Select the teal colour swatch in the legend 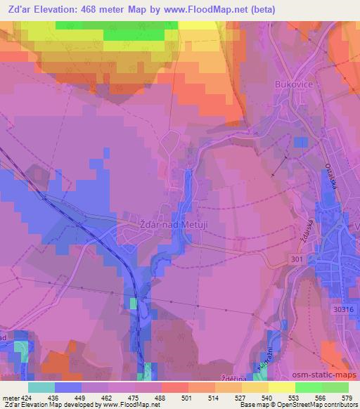pyautogui.click(x=41, y=387)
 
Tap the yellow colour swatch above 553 pyautogui.click(x=282, y=387)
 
